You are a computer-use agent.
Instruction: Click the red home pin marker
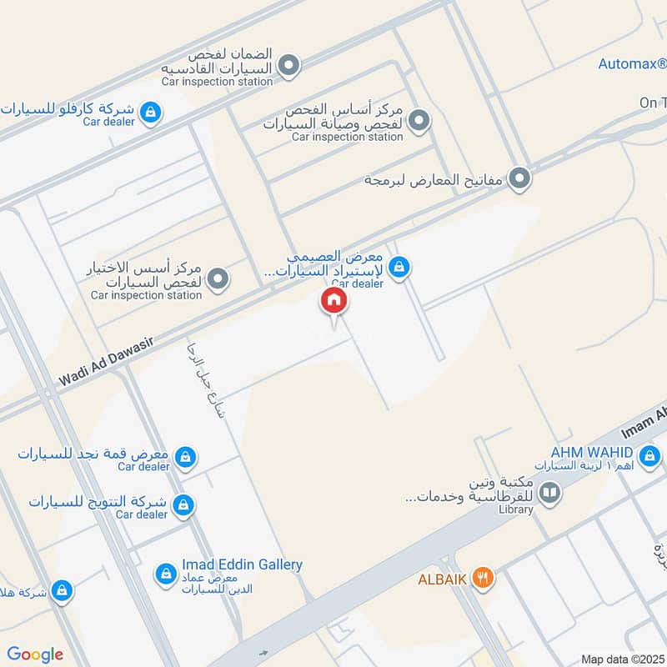(333, 302)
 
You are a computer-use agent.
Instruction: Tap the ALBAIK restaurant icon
(481, 576)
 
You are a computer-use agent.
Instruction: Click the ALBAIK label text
(441, 576)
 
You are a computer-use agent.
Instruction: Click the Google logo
(34, 654)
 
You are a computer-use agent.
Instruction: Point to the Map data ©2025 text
(624, 659)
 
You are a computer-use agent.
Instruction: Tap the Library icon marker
(550, 493)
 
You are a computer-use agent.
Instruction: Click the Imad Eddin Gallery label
(242, 564)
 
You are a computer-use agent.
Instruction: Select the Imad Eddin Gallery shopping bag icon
(166, 574)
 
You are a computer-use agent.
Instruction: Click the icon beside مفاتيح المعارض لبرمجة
(520, 178)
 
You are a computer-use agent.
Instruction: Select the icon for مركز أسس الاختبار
(218, 278)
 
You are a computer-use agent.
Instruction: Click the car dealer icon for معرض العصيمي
(399, 267)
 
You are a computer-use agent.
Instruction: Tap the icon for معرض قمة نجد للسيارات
(186, 456)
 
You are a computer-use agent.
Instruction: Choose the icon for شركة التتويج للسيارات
(184, 504)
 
